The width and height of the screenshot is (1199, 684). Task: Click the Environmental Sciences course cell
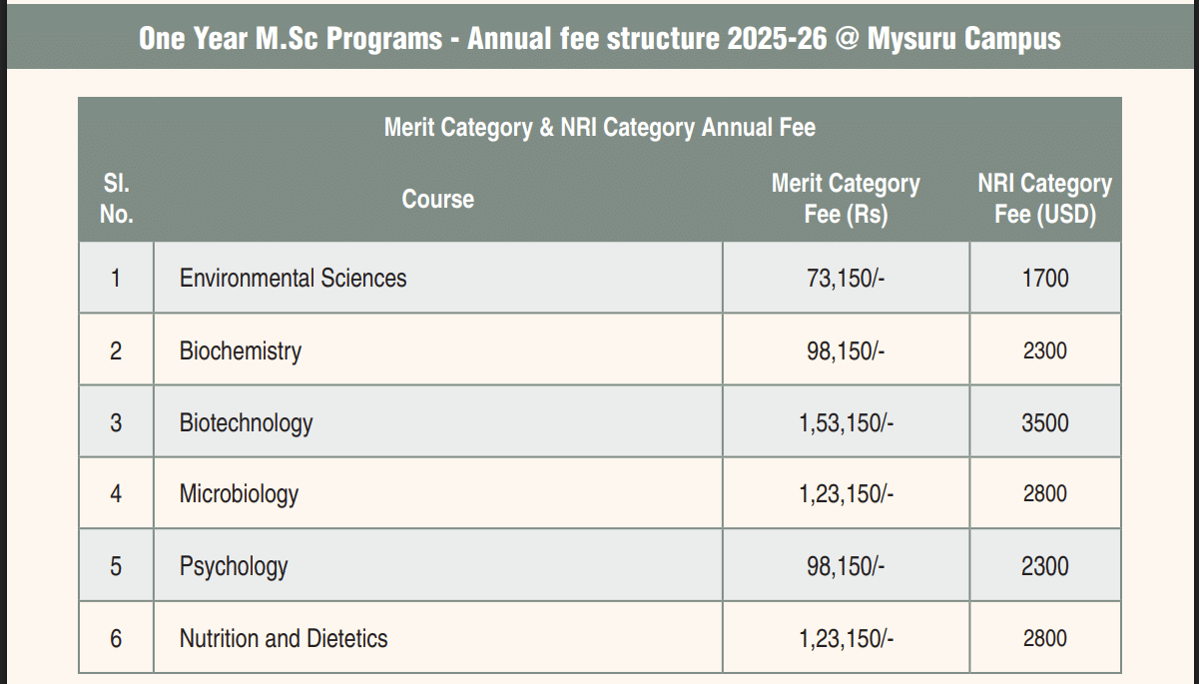(x=293, y=278)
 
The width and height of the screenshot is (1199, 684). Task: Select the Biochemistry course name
(x=240, y=350)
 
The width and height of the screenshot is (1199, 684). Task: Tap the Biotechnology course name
(x=246, y=422)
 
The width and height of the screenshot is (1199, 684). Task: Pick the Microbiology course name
(x=239, y=494)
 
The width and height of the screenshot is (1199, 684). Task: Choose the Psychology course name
(x=234, y=566)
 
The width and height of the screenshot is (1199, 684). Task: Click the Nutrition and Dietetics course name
(x=284, y=638)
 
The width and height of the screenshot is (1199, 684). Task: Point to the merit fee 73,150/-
(x=846, y=279)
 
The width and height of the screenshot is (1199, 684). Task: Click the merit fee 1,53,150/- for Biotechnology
(x=846, y=422)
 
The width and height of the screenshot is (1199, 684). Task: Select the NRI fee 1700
(x=1044, y=279)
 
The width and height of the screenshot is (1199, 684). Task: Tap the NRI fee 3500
(x=1044, y=422)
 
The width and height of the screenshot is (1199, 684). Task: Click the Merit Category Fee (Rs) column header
(x=846, y=199)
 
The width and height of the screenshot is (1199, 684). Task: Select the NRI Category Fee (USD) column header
(x=1044, y=199)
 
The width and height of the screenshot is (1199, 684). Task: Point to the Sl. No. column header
(x=116, y=199)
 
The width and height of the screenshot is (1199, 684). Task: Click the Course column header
(x=437, y=199)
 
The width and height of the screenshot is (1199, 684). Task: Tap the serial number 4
(x=116, y=494)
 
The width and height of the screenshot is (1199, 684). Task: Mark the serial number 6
(x=116, y=638)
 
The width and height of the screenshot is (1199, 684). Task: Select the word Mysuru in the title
(x=915, y=39)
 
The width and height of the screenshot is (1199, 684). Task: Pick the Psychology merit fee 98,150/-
(x=846, y=566)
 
